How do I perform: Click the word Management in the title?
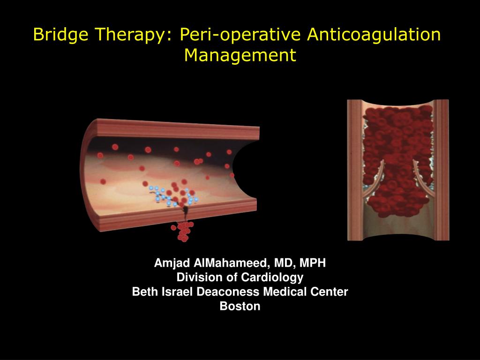[x=240, y=55]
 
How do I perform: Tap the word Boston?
[x=240, y=307]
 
